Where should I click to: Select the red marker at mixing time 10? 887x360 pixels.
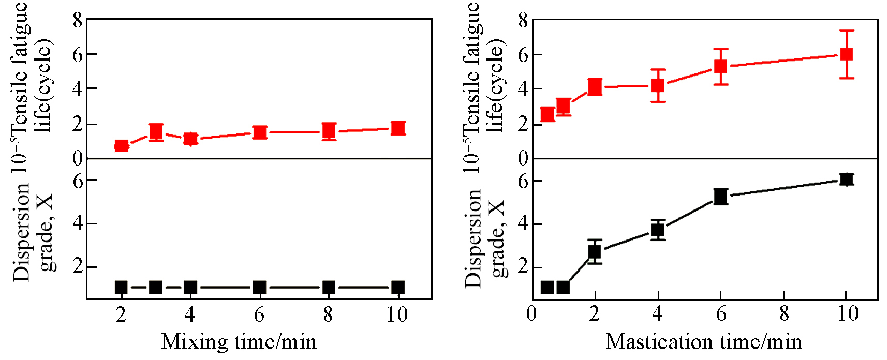[x=397, y=128]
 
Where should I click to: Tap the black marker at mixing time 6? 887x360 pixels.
[x=259, y=288]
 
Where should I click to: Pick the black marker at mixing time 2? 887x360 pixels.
[x=121, y=288]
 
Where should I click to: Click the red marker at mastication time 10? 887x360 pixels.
[x=846, y=54]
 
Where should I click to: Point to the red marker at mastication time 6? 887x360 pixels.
[x=720, y=66]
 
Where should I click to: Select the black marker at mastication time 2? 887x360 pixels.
[x=595, y=252]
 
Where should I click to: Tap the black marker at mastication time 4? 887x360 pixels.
[x=658, y=230]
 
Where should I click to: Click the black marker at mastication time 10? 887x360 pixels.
[x=846, y=179]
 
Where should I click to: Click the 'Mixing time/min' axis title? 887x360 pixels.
[x=239, y=342]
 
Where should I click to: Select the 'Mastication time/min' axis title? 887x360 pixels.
[x=704, y=342]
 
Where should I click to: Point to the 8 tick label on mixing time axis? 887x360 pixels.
[x=328, y=314]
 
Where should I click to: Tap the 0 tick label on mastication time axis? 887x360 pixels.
[x=531, y=313]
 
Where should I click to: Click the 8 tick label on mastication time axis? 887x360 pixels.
[x=784, y=313]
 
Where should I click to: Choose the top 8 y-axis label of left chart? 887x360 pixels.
[x=78, y=21]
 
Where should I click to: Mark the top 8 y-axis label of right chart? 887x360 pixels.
[x=523, y=21]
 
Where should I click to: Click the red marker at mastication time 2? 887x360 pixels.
[x=595, y=87]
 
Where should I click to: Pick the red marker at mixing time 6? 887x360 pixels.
[x=259, y=132]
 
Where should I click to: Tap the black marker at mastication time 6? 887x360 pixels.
[x=720, y=197]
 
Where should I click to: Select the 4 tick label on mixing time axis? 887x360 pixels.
[x=190, y=314]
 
